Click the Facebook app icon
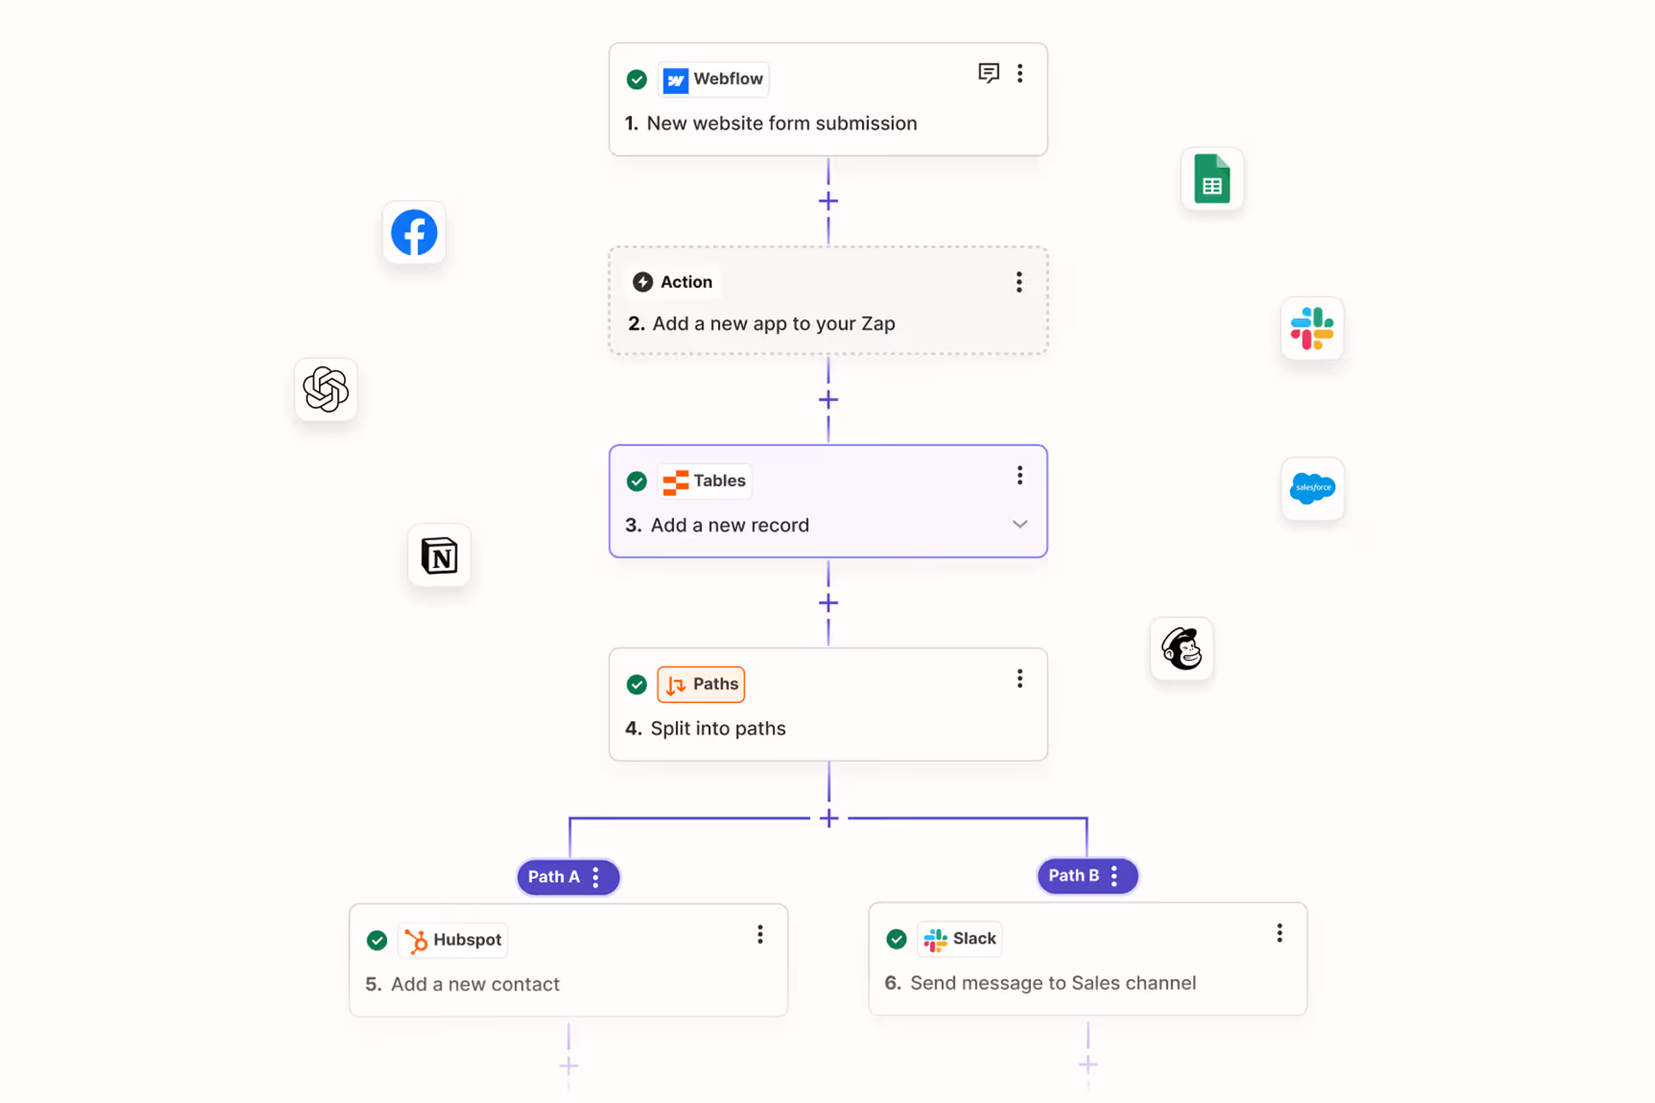point(414,233)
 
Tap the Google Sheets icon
point(1212,179)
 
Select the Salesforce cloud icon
point(1313,489)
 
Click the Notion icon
point(440,556)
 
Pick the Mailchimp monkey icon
point(1182,649)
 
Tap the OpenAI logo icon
point(326,389)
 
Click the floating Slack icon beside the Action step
point(1312,329)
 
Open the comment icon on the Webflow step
point(989,73)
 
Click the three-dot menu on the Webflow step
point(1020,73)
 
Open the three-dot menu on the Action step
point(1019,282)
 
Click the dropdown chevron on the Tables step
point(1020,524)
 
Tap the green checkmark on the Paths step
point(637,684)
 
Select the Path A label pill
point(568,877)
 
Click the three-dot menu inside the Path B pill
point(1115,876)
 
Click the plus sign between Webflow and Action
point(828,201)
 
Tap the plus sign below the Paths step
point(829,818)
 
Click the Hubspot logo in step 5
point(416,940)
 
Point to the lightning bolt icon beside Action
point(643,282)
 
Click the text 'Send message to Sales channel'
point(1053,983)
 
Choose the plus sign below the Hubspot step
point(569,1066)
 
